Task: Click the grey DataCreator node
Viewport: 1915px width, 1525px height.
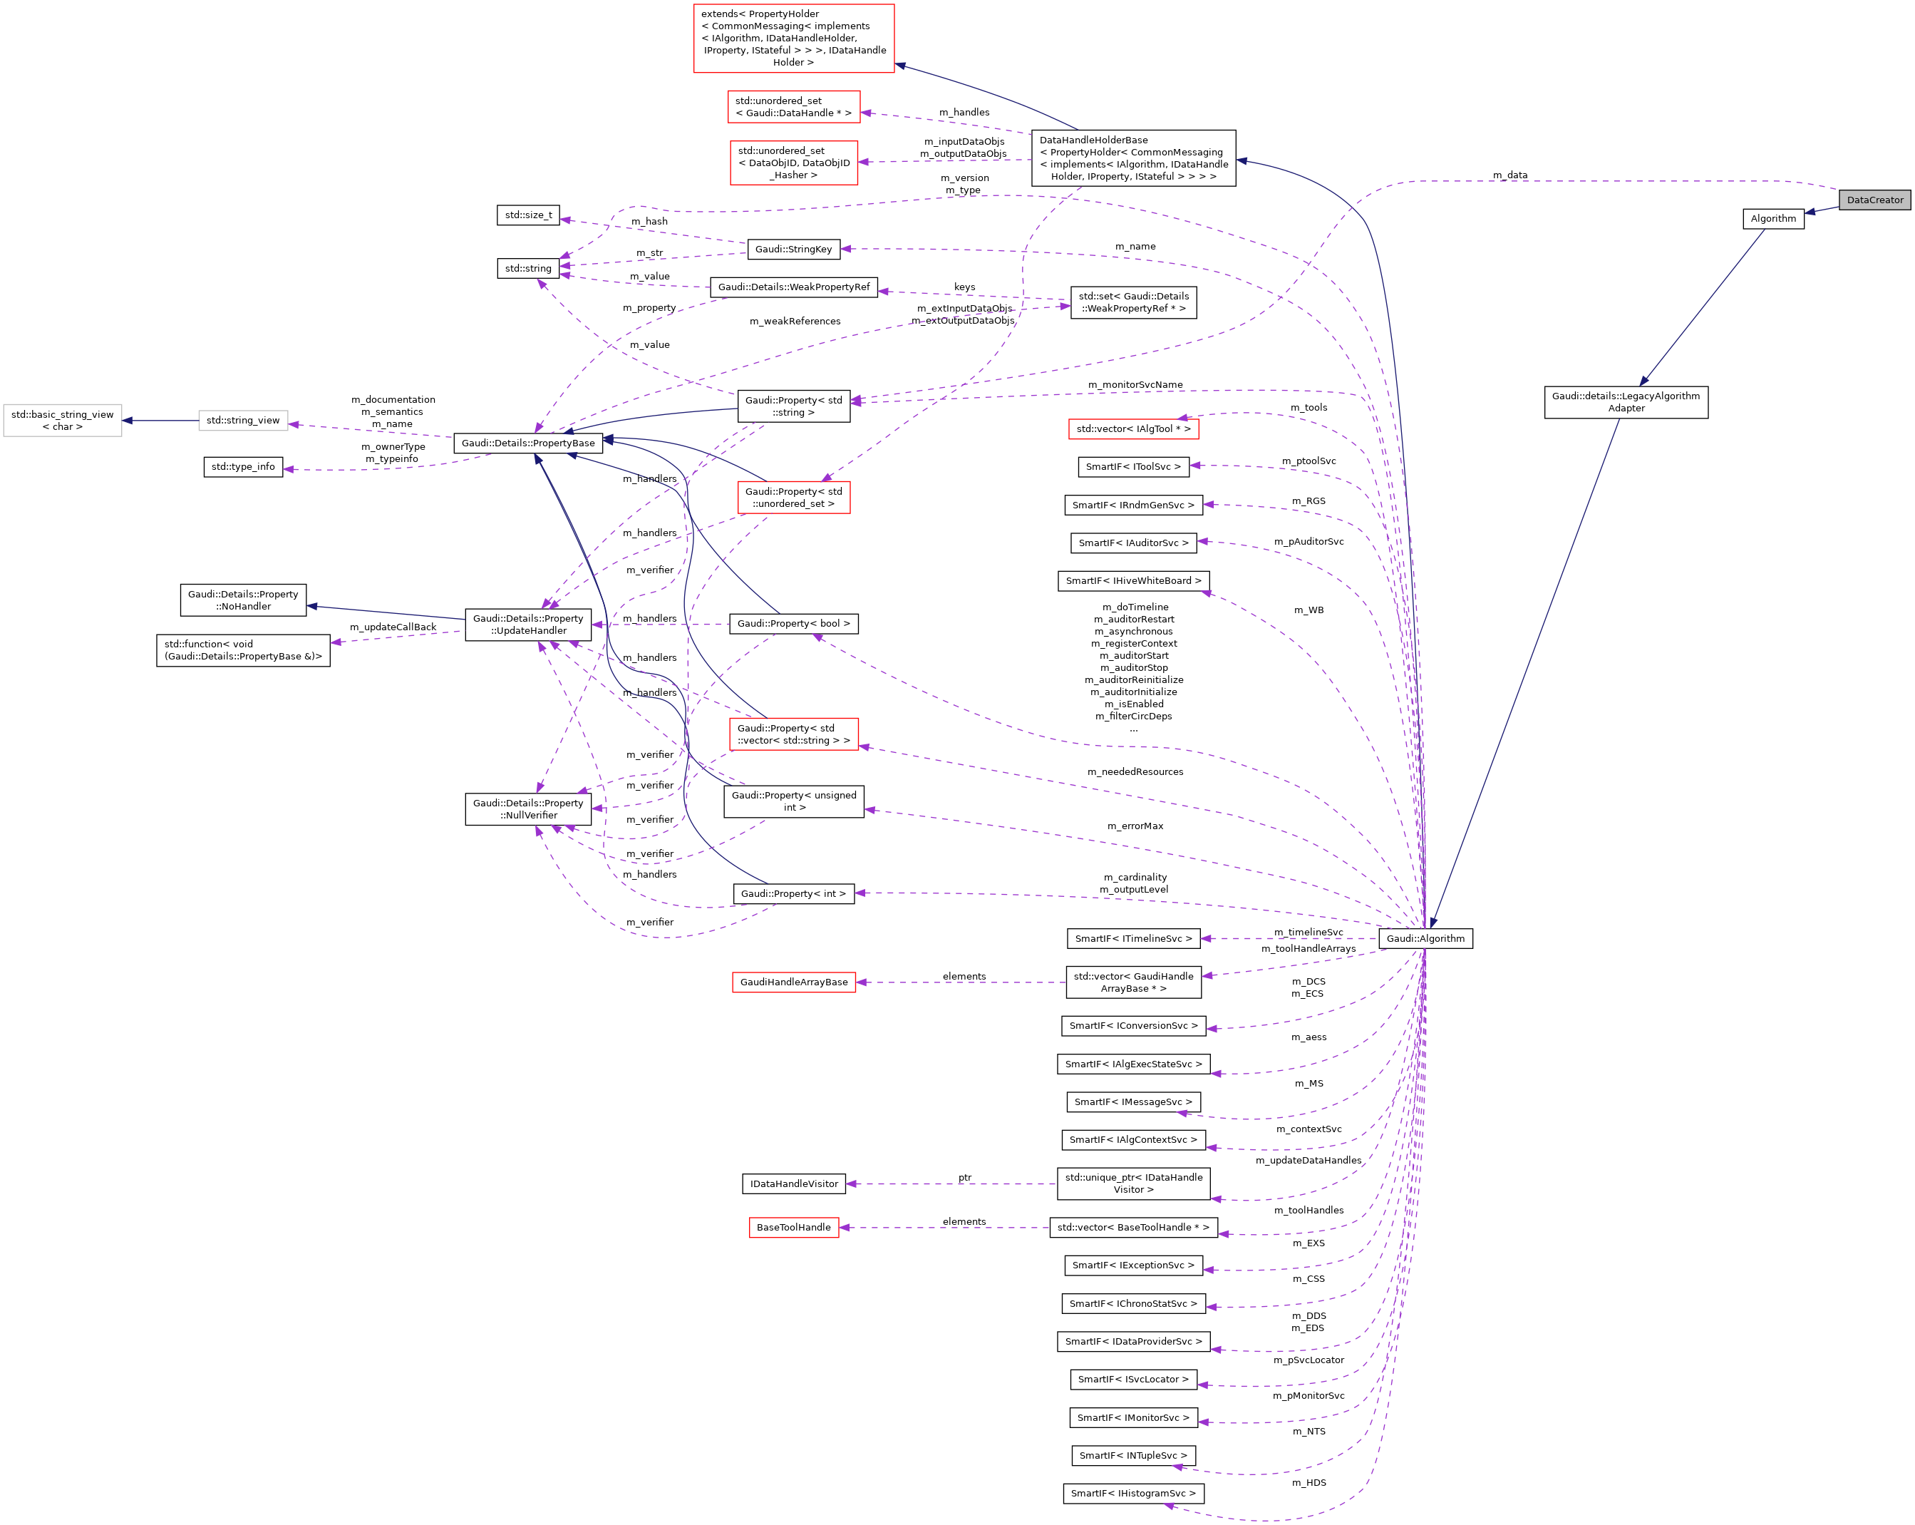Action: coord(1874,200)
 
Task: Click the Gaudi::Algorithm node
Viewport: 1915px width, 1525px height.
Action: coord(1425,938)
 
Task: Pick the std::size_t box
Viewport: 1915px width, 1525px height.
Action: coord(527,215)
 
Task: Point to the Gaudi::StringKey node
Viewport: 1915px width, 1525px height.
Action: coord(793,249)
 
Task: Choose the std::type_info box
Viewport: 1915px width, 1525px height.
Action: coord(242,466)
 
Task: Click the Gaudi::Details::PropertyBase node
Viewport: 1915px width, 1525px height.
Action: coord(527,443)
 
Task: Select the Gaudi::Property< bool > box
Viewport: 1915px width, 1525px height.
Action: coord(793,624)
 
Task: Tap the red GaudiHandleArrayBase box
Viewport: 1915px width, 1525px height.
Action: coord(793,982)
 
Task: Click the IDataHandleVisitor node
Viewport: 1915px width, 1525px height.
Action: coord(793,1183)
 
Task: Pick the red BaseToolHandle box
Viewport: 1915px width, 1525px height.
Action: coord(793,1227)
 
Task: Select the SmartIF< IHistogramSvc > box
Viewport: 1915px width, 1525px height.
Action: coord(1132,1493)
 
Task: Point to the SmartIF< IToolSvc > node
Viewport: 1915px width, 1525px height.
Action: coord(1132,466)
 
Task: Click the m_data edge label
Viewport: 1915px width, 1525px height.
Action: coord(1510,175)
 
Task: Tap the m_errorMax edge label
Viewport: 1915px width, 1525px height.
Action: coord(1135,826)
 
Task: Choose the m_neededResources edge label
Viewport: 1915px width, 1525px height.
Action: coord(1135,771)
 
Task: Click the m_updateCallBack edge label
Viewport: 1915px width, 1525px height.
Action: coord(393,627)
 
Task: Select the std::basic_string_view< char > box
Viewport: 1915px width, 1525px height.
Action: coord(62,421)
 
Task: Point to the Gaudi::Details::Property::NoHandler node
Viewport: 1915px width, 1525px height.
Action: coord(242,600)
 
